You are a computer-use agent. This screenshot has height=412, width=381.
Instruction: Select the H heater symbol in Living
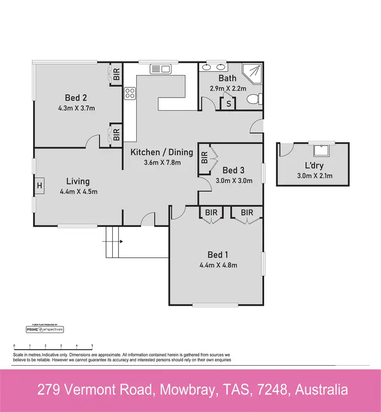point(39,185)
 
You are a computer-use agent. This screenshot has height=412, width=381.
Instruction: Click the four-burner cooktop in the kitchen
point(130,92)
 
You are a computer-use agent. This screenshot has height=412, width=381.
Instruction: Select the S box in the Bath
point(229,104)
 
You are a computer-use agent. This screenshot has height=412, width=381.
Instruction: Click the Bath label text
point(228,78)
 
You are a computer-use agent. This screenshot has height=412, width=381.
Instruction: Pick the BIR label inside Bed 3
point(204,157)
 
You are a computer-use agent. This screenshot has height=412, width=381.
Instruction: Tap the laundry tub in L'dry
point(321,149)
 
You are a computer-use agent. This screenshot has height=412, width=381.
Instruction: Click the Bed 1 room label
point(216,255)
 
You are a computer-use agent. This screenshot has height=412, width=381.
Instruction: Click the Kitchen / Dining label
point(162,152)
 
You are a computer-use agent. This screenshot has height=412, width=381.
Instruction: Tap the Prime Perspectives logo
point(45,330)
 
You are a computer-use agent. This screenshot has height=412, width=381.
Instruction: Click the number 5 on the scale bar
point(92,345)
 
